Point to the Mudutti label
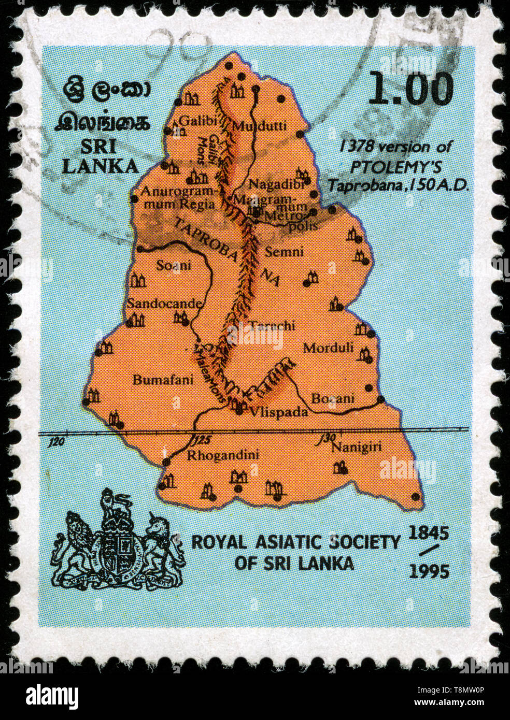pyautogui.click(x=252, y=125)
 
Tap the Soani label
pyautogui.click(x=173, y=266)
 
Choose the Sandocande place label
pyautogui.click(x=164, y=303)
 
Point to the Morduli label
pyautogui.click(x=328, y=348)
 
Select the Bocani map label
pyautogui.click(x=332, y=398)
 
